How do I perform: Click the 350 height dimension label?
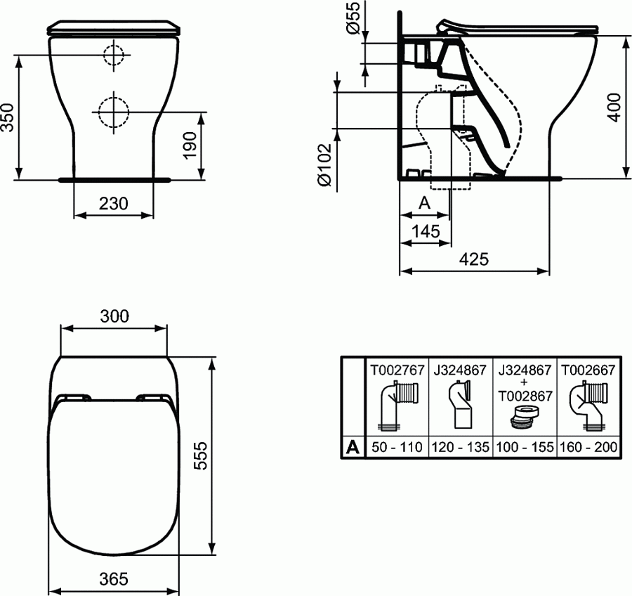pyautogui.click(x=7, y=116)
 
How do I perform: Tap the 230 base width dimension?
pyautogui.click(x=113, y=204)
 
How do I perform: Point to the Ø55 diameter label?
pyautogui.click(x=353, y=18)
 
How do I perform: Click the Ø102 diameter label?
pyautogui.click(x=324, y=164)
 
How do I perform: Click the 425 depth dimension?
pyautogui.click(x=474, y=259)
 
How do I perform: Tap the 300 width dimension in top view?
pyautogui.click(x=114, y=316)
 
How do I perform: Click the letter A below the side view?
pyautogui.click(x=424, y=203)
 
